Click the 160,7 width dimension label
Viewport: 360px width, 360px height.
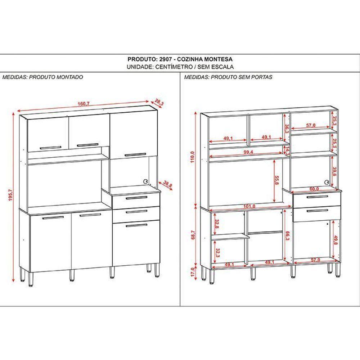(x=84, y=104)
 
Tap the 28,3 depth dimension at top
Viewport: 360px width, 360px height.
(x=159, y=103)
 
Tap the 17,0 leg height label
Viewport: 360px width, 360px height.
(x=193, y=271)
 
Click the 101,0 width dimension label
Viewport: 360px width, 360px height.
(x=249, y=206)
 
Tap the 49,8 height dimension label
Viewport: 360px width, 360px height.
(x=336, y=240)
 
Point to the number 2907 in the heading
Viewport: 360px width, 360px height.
(x=163, y=59)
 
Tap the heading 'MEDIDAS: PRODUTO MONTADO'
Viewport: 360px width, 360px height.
(x=43, y=77)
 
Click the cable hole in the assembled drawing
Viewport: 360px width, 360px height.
(x=146, y=181)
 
